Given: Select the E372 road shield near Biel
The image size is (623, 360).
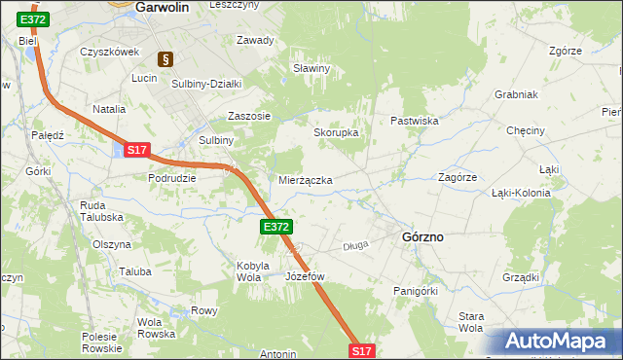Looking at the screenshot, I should click(32, 19).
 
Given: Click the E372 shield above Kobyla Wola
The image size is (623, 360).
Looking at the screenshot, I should click(275, 227).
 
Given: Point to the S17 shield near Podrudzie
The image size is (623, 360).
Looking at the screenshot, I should click(136, 150).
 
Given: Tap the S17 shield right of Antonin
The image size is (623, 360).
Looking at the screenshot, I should click(360, 350).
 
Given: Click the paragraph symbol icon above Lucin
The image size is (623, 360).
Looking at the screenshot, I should click(165, 59).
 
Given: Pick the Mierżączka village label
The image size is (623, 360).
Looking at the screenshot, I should click(306, 181).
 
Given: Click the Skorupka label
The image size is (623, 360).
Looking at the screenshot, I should click(336, 132).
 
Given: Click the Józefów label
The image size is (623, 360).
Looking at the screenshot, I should click(304, 276).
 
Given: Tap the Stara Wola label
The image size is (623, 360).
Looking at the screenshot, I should click(471, 322).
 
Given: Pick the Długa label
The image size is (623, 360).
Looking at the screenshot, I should click(355, 246).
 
